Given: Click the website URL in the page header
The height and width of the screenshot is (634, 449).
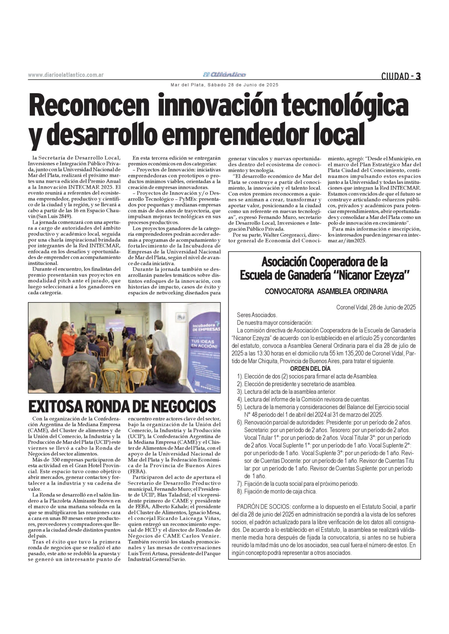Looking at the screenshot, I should pos(66,75).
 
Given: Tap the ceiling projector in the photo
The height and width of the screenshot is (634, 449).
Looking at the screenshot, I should pos(118,311).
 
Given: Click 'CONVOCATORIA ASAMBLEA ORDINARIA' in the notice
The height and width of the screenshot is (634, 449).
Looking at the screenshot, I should pos(326,291).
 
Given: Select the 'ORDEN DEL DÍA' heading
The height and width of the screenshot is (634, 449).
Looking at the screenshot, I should pos(310,368).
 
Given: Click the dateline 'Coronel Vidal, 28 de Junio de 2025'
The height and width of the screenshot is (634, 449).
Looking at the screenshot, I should pos(376,307).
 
